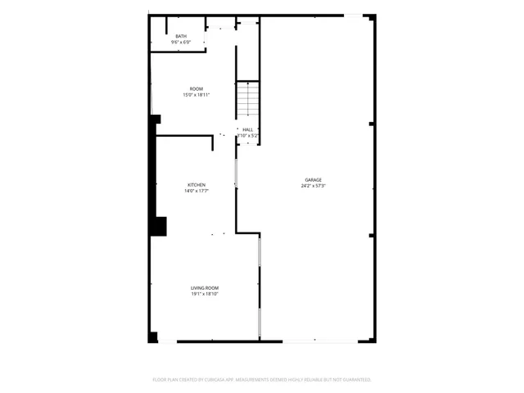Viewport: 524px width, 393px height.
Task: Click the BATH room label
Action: (x=181, y=36)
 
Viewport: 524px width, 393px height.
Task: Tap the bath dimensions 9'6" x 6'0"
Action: (x=181, y=42)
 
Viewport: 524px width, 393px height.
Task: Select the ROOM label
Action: (x=196, y=88)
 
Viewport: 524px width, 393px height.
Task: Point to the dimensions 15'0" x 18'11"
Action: (x=196, y=95)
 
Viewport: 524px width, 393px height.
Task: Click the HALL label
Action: (x=247, y=129)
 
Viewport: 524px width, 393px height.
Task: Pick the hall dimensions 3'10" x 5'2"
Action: (x=247, y=135)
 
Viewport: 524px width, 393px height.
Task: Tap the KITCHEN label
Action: (x=196, y=185)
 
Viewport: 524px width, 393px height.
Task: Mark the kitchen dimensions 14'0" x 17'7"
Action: (x=196, y=192)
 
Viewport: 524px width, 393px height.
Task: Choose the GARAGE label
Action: (x=314, y=179)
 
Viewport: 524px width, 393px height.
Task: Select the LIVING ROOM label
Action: (x=205, y=287)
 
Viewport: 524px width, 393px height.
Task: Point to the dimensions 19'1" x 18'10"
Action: (x=205, y=294)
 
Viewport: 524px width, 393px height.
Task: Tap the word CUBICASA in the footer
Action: (x=216, y=380)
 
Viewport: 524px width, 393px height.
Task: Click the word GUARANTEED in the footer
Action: (x=356, y=380)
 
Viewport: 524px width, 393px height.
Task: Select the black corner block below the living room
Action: (x=152, y=337)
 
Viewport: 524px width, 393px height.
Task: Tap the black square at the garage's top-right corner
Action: (x=370, y=17)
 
